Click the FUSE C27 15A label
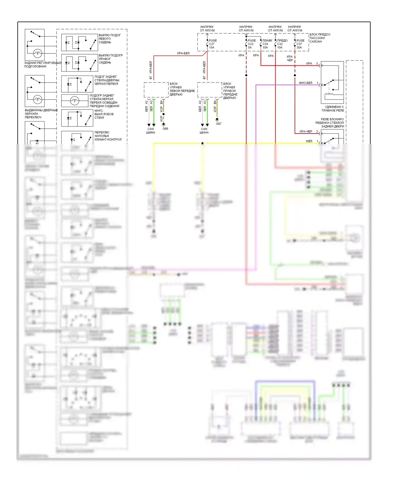coord(213,44)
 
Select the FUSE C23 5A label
coord(251,44)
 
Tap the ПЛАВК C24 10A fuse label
coord(267,44)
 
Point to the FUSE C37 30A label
coord(300,44)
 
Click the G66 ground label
coord(165,129)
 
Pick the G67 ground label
coord(219,124)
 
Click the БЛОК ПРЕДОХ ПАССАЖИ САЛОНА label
coord(320,38)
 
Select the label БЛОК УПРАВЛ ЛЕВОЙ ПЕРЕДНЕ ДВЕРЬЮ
coord(182,89)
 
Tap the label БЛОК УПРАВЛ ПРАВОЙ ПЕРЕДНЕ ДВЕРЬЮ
coord(230,91)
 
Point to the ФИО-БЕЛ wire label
coord(305,83)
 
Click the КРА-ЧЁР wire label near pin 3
coord(306,132)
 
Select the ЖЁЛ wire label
coord(309,141)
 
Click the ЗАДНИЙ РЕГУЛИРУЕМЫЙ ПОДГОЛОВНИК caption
coord(42,65)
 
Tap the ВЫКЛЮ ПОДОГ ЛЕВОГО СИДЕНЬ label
coord(110,39)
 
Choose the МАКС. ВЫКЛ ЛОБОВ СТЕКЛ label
coord(104,114)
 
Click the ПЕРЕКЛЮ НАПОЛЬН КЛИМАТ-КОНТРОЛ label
coord(108,136)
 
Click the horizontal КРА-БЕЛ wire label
coord(183,53)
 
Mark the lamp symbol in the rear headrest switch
coord(37,53)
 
